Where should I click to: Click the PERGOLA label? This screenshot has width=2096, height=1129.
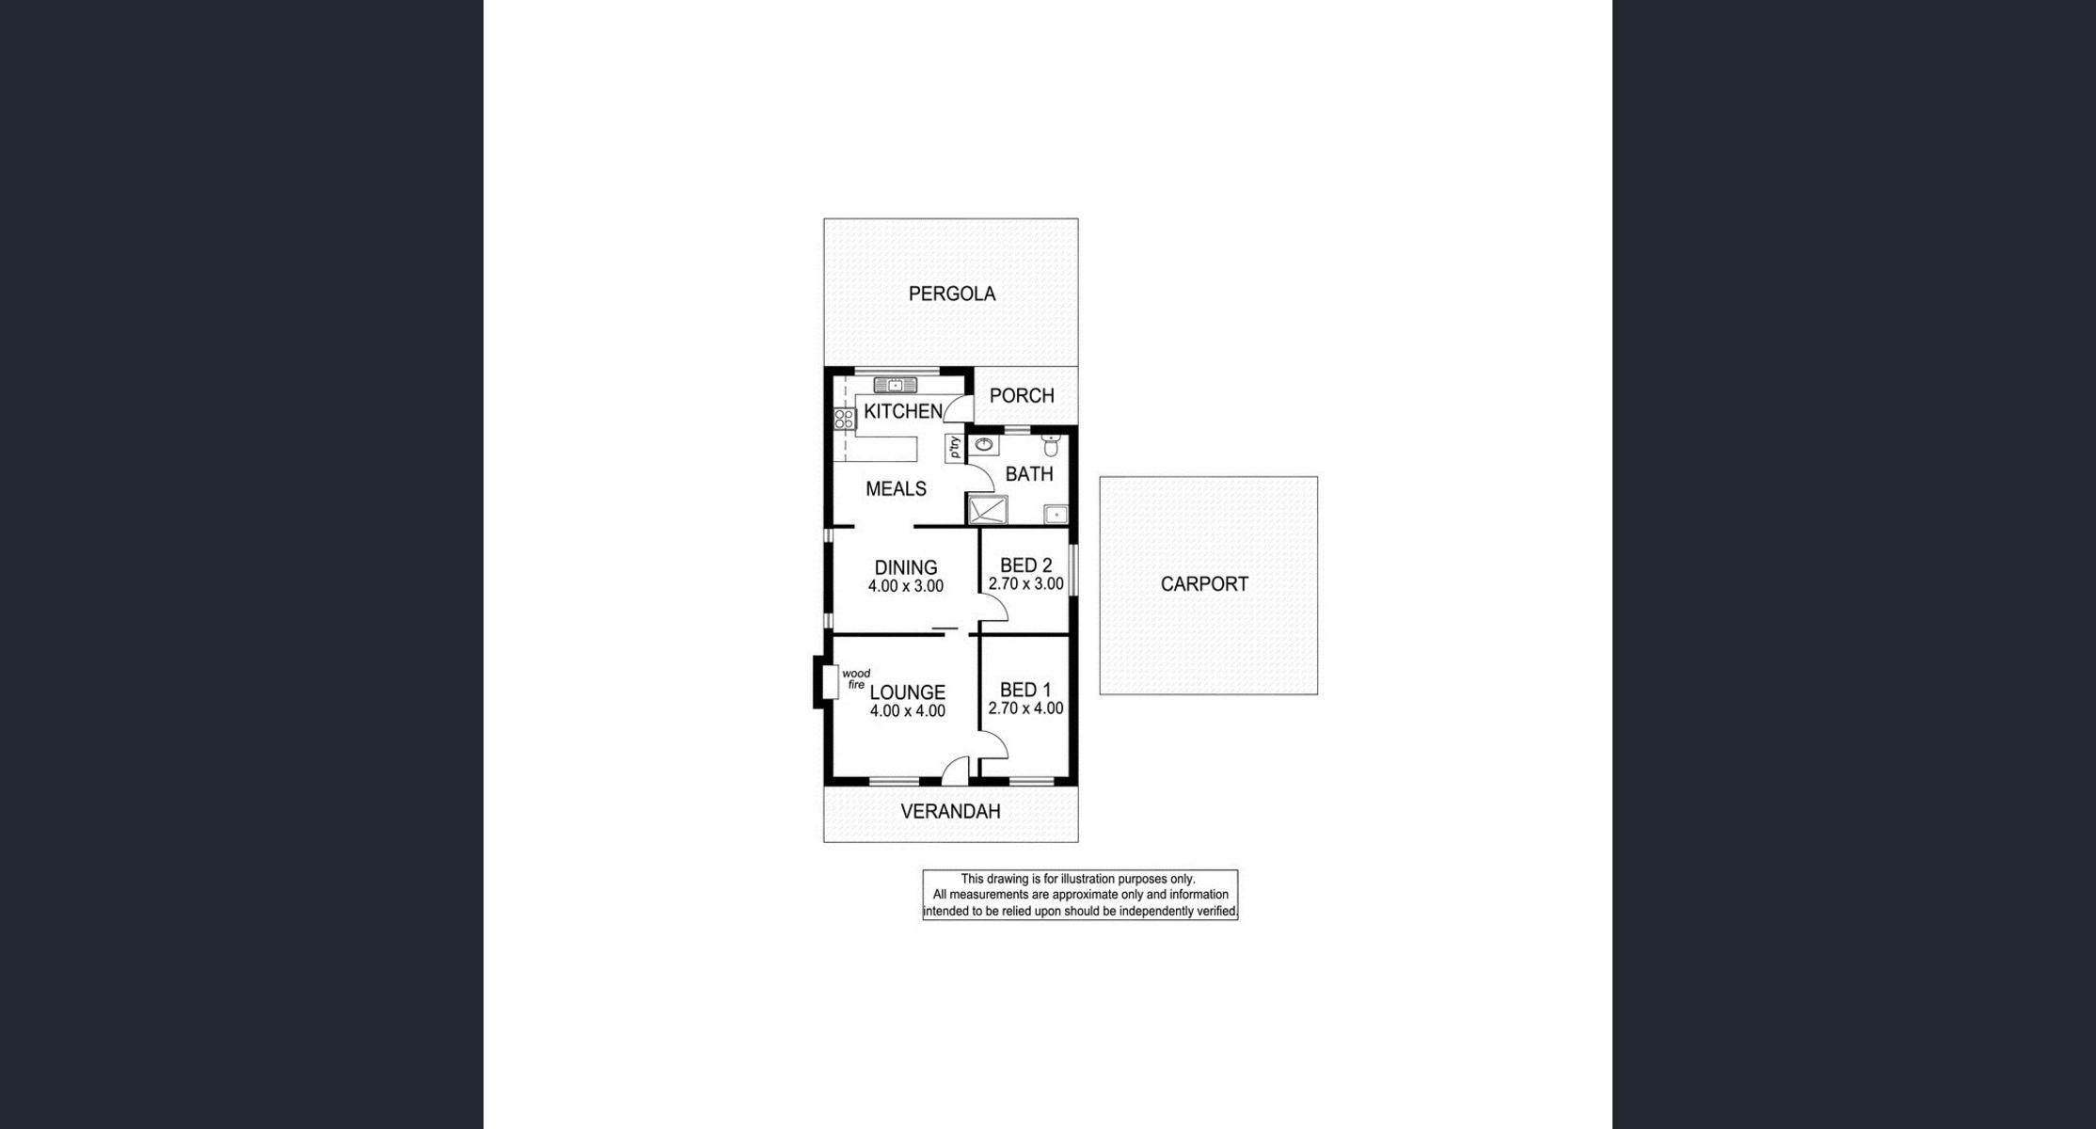(x=951, y=294)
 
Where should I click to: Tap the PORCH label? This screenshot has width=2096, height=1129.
(x=1022, y=396)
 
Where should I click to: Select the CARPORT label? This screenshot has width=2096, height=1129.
(x=1204, y=584)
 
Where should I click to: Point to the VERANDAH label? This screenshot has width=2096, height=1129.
(x=950, y=811)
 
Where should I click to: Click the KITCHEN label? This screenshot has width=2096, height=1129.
(x=903, y=411)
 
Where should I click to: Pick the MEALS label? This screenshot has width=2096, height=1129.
(x=896, y=488)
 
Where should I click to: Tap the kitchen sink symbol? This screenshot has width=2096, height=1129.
(x=896, y=385)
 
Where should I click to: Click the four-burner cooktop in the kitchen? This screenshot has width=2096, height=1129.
(x=844, y=419)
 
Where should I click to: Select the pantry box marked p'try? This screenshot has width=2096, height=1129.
(x=955, y=448)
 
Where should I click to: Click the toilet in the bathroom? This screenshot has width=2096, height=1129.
(x=1051, y=444)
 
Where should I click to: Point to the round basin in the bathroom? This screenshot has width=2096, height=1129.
(x=984, y=444)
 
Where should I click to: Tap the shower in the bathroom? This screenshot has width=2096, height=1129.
(x=988, y=510)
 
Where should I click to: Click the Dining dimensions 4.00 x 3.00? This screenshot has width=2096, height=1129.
(x=905, y=586)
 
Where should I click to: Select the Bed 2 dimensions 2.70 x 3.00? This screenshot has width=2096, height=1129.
(x=1025, y=584)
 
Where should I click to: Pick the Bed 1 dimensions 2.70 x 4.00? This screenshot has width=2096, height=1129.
(x=1025, y=708)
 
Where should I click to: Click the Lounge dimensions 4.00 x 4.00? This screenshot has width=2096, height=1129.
(x=907, y=711)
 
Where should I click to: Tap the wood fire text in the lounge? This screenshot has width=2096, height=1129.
(x=856, y=679)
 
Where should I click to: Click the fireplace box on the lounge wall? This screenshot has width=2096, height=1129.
(x=830, y=682)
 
